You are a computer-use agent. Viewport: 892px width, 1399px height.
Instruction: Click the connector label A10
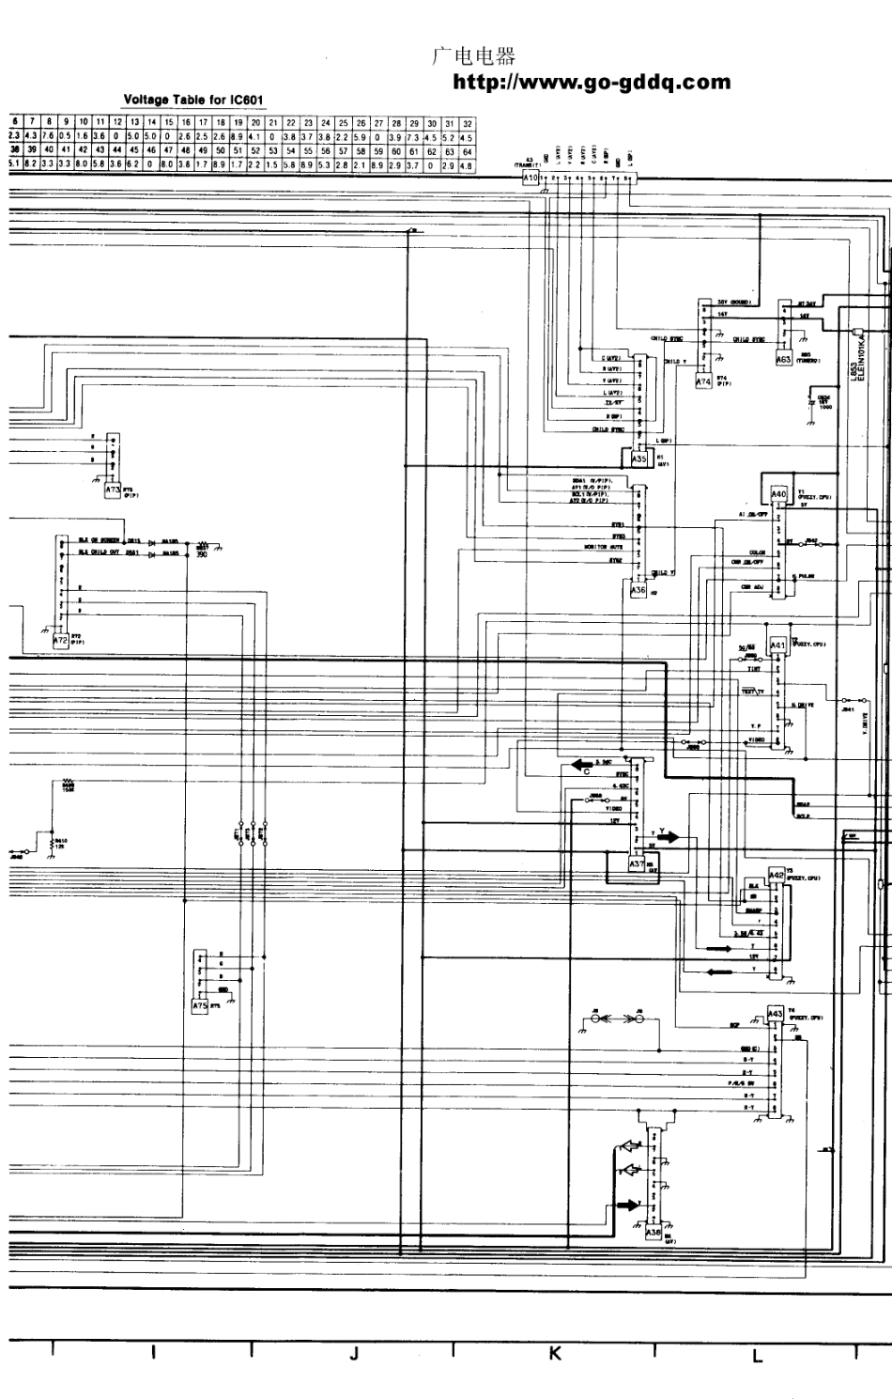tap(530, 178)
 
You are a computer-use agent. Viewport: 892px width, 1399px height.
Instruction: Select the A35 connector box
tap(639, 459)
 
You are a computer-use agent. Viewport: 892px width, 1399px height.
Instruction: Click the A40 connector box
tap(777, 494)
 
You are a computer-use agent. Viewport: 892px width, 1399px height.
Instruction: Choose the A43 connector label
tap(775, 1014)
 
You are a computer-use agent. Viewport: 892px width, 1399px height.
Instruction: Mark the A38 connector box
tap(654, 1231)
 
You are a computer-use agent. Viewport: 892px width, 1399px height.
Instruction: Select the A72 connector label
tap(61, 639)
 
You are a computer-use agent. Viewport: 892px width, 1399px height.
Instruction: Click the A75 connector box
tap(199, 1005)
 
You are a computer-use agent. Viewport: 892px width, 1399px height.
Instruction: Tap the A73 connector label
tap(113, 490)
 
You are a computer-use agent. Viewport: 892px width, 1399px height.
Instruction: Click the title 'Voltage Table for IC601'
tap(195, 100)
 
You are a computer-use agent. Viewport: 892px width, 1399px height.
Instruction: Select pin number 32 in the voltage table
tap(467, 123)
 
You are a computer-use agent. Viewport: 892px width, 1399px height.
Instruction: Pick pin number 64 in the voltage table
tap(467, 150)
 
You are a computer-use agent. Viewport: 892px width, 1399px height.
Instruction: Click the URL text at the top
tap(592, 83)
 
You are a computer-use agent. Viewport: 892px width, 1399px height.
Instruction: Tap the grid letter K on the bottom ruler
tap(554, 1354)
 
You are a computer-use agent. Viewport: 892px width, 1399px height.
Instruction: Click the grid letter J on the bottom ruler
tap(353, 1354)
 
